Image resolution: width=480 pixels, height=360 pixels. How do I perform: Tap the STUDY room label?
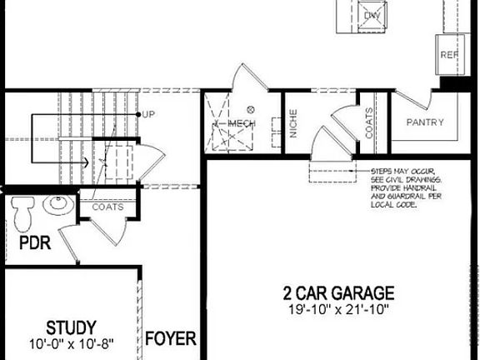70,326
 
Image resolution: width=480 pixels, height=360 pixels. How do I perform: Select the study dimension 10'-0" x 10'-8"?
70,342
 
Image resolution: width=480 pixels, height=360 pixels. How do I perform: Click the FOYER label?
171,339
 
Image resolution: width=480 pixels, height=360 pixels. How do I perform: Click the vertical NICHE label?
294,125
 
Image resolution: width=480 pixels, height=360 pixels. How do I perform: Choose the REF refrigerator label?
449,56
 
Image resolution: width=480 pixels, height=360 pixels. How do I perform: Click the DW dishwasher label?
372,15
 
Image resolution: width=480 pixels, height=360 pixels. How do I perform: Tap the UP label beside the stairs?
148,114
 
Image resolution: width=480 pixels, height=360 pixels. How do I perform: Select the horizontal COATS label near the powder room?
107,207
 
